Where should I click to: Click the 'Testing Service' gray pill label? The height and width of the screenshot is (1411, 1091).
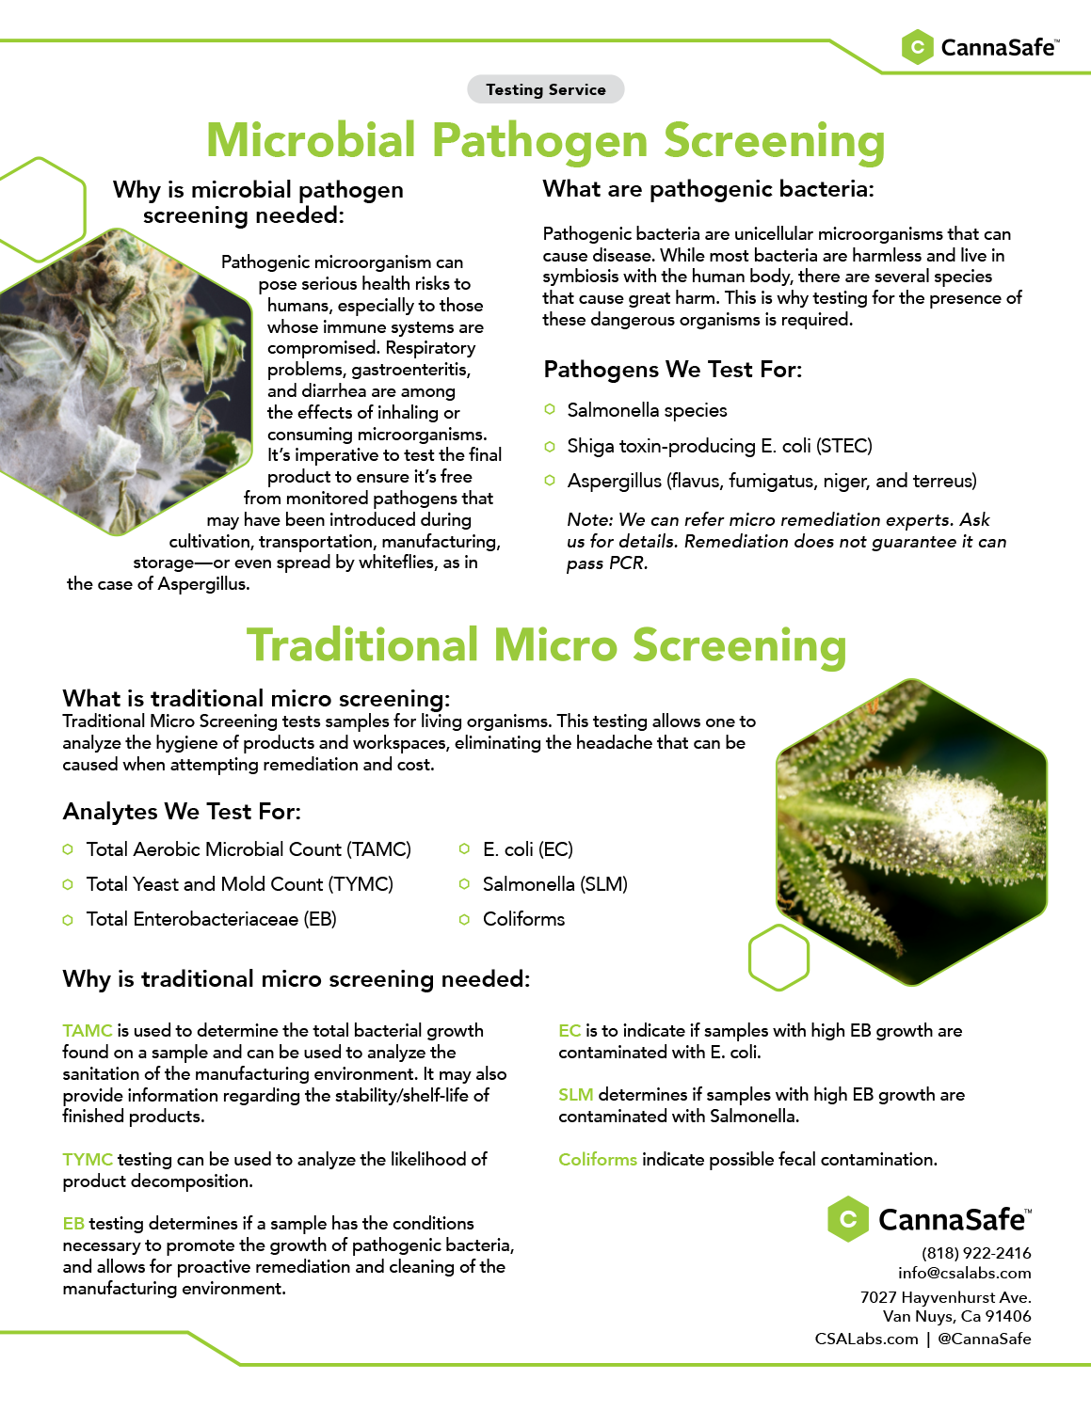pos(545,89)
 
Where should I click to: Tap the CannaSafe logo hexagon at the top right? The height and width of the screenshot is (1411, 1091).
pos(917,47)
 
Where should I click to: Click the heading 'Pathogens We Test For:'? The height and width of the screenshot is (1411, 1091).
pos(672,370)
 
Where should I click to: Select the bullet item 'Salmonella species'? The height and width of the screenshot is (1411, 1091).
pos(647,410)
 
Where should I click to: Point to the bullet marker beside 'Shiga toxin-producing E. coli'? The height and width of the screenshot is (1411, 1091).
pos(550,446)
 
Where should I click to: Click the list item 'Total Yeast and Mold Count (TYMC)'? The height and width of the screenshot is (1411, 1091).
pos(240,883)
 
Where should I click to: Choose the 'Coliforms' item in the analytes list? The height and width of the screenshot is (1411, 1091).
pos(523,919)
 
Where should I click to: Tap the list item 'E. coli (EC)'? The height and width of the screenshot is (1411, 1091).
pos(528,849)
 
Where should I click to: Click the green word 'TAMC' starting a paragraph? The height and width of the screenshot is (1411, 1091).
pos(87,1030)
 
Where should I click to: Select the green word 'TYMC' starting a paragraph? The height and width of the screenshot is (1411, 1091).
pos(88,1159)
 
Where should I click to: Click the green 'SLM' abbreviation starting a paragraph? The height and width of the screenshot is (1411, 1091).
pos(576,1094)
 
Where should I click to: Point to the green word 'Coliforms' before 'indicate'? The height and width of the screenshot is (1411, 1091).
pos(598,1159)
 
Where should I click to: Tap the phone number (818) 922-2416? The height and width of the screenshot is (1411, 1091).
pos(976,1252)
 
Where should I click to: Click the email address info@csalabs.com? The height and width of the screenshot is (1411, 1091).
pos(965,1273)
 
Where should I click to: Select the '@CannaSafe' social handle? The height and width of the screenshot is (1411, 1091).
pos(985,1339)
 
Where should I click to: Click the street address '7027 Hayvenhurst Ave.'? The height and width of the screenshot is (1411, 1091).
pos(945,1297)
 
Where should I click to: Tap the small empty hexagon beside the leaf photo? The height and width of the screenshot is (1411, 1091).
pos(778,957)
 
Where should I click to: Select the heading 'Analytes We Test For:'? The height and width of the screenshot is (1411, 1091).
pos(182,812)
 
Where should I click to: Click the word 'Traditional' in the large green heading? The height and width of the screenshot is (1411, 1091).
pos(362,645)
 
